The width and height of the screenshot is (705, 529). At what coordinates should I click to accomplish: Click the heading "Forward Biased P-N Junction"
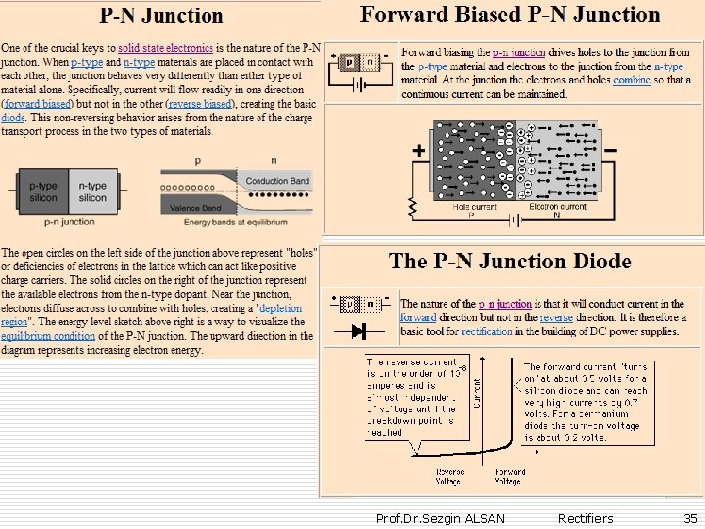click(510, 15)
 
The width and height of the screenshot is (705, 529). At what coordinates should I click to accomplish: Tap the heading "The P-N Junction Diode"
click(509, 262)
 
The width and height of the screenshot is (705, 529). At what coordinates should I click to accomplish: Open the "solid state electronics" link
click(165, 47)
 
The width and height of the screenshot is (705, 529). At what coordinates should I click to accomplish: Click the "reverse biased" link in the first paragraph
click(200, 103)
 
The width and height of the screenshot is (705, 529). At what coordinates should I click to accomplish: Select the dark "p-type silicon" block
click(42, 191)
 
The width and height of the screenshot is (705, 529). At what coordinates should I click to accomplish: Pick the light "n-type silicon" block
click(93, 191)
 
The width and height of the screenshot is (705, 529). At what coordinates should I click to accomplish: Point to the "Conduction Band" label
click(277, 181)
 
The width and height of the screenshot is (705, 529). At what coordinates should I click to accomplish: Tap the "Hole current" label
click(476, 207)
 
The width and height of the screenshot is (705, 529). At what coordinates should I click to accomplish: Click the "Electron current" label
click(557, 207)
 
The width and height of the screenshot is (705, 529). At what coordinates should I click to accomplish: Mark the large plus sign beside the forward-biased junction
click(419, 151)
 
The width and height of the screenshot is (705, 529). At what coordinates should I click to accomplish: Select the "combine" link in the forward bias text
click(632, 79)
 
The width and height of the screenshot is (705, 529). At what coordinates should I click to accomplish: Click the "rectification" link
click(489, 332)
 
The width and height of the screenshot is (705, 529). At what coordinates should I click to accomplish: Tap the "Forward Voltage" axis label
click(509, 476)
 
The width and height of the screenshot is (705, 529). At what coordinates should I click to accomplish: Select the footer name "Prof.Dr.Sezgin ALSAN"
click(441, 518)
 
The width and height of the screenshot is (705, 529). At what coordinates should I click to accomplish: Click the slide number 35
click(690, 518)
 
